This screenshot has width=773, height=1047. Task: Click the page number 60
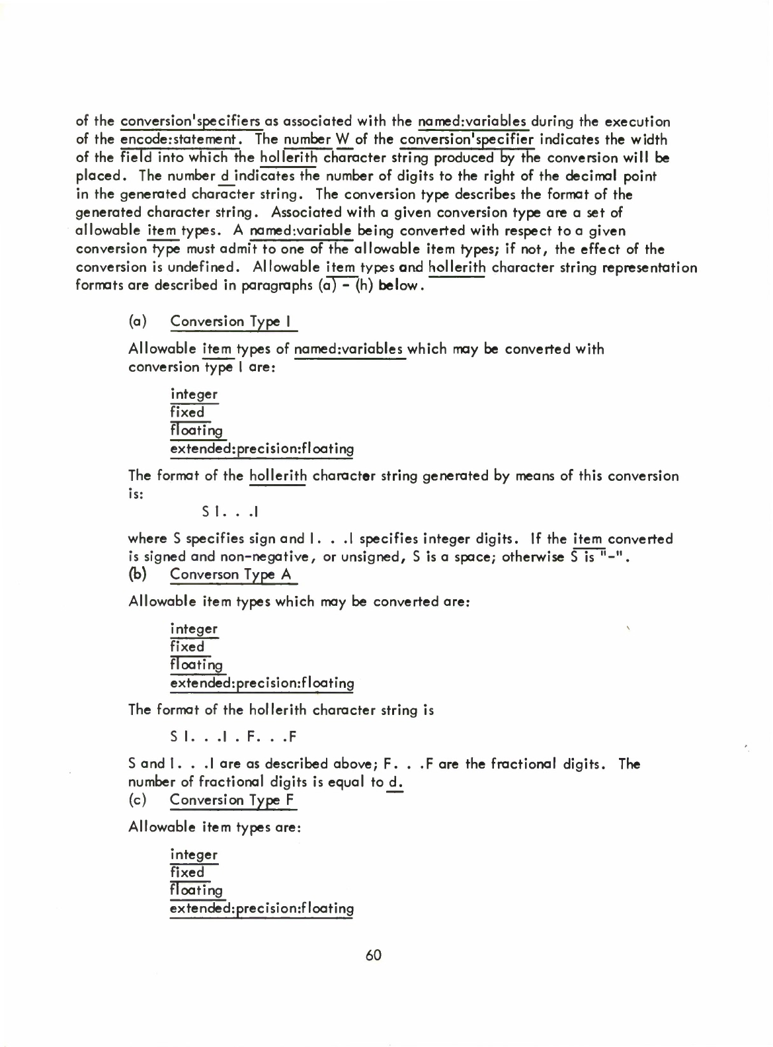(x=373, y=956)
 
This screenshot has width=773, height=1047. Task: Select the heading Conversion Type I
(x=234, y=322)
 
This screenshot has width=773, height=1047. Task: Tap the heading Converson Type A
(x=231, y=575)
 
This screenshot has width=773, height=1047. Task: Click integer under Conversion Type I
(x=194, y=395)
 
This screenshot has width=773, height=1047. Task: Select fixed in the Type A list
(x=188, y=647)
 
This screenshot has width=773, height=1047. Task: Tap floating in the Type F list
(x=196, y=891)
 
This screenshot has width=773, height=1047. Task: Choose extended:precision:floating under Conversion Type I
(x=262, y=450)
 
